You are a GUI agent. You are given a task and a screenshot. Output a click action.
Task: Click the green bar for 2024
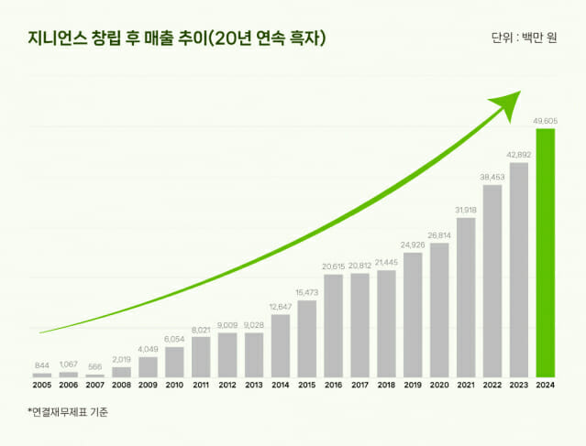coord(546,253)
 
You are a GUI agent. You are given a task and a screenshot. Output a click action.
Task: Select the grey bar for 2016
coord(333,325)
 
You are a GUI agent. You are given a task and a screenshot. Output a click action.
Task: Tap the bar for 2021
coord(466,297)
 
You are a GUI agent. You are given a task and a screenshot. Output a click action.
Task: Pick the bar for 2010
coord(174,362)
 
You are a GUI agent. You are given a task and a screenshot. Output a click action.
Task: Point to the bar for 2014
coord(280,345)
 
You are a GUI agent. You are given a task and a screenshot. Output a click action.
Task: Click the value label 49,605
coord(546,119)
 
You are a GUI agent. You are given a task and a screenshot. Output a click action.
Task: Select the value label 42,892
coord(519,154)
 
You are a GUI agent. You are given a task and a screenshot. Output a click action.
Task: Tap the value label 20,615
coord(333,266)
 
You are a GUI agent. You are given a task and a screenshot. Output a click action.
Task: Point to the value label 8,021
coord(201,328)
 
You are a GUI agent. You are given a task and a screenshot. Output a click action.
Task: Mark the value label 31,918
coord(466,209)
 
